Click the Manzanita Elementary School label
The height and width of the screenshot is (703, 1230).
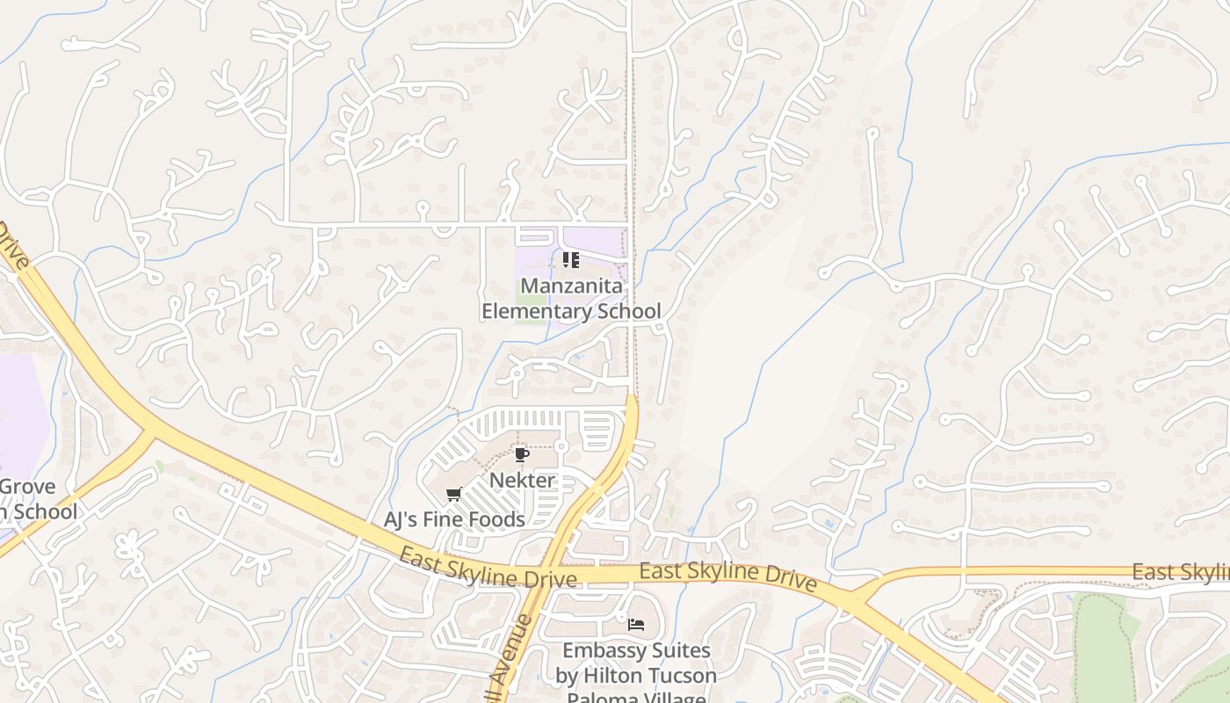(x=571, y=299)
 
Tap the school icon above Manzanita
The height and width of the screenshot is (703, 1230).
(x=571, y=260)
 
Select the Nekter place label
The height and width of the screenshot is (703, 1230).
(x=522, y=481)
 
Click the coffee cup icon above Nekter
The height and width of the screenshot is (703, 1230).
(x=521, y=454)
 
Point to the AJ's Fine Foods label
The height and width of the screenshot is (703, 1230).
(x=454, y=519)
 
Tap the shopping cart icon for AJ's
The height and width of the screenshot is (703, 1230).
(x=453, y=494)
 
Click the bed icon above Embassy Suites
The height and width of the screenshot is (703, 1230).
(x=636, y=625)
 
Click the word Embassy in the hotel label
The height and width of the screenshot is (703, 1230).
(x=604, y=651)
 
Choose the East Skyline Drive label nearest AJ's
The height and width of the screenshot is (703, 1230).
(x=488, y=567)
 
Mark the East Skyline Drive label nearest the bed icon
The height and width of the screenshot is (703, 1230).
(x=728, y=576)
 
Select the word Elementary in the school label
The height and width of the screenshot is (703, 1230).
(x=534, y=311)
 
